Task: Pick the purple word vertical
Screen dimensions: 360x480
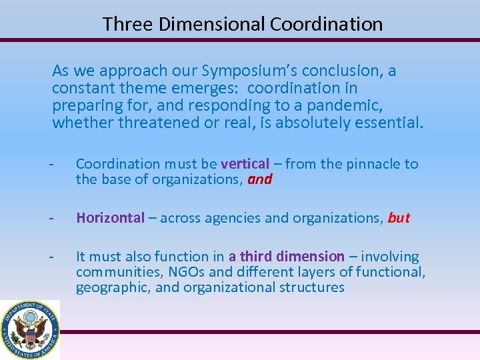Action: point(245,164)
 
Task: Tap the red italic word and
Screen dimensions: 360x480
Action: point(259,179)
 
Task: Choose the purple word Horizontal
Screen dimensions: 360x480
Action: point(110,218)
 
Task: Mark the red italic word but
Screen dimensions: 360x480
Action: point(398,218)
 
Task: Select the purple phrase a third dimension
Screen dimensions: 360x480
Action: point(286,257)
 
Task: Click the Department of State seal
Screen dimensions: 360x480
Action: point(30,329)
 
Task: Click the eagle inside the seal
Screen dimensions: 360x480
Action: point(30,331)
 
